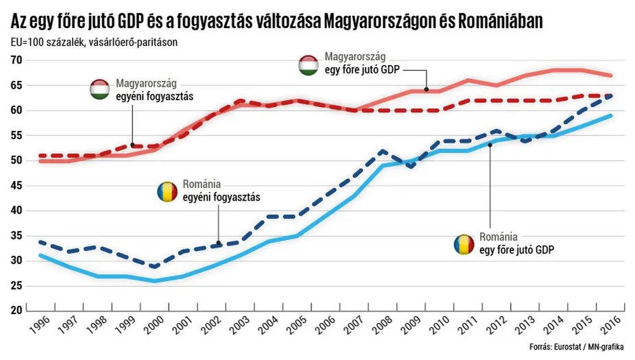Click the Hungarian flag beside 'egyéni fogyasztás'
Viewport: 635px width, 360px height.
click(x=101, y=90)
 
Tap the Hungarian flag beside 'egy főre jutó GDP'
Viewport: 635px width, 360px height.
click(x=309, y=65)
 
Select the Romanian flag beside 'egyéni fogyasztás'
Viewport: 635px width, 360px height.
click(x=167, y=191)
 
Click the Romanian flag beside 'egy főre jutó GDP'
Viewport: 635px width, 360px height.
click(x=464, y=244)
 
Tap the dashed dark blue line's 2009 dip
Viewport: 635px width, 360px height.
click(x=411, y=167)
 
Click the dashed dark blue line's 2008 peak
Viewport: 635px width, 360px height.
click(x=382, y=150)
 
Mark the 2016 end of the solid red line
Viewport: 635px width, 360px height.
click(x=611, y=75)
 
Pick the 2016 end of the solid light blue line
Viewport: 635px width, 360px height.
click(x=611, y=115)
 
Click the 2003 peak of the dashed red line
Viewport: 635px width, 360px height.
click(x=239, y=101)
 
